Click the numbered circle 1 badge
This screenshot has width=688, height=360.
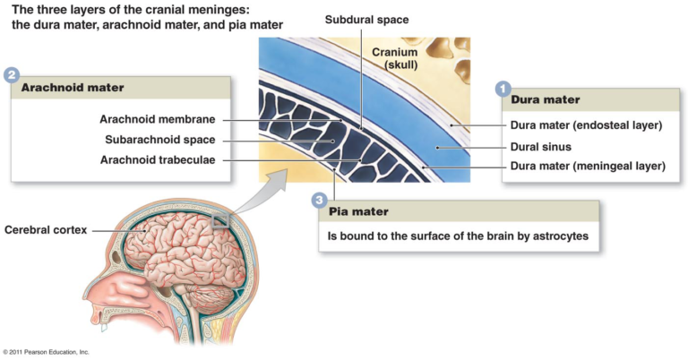[x=503, y=89]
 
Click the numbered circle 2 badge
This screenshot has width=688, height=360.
[x=12, y=75]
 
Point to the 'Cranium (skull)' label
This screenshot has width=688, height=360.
[x=396, y=58]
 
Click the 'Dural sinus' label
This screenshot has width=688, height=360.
[x=540, y=145]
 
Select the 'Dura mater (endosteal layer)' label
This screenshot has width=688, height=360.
[x=586, y=125]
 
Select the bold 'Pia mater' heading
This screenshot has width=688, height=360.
[x=359, y=212]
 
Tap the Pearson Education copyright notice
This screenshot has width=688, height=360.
[x=46, y=352]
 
